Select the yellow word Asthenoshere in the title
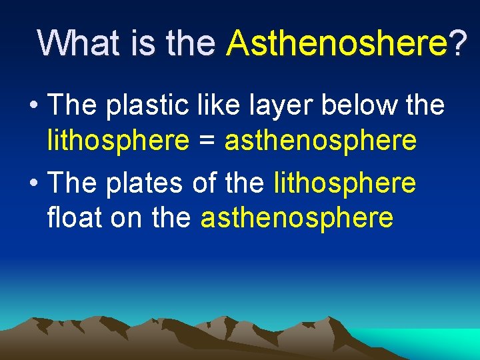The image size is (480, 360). click(x=337, y=43)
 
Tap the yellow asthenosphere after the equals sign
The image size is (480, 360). click(x=321, y=141)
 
